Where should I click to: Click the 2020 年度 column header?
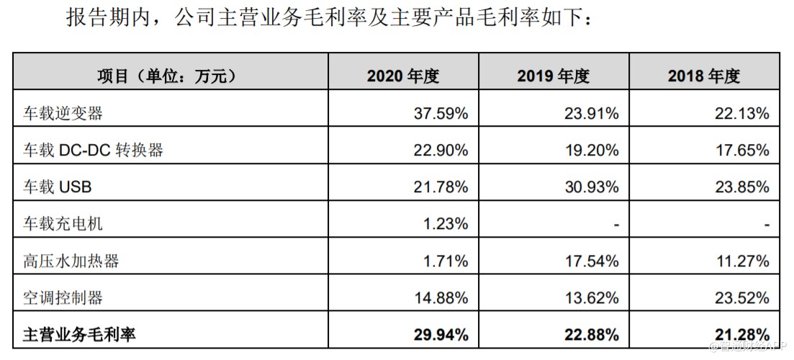(402, 76)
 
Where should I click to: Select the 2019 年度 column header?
(553, 76)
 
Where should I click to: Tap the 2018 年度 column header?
(703, 76)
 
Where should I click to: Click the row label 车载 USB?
(58, 187)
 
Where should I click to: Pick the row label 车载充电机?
(63, 224)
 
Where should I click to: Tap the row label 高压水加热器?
(71, 261)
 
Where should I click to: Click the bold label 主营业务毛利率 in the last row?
(80, 334)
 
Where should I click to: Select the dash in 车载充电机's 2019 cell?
(615, 225)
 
